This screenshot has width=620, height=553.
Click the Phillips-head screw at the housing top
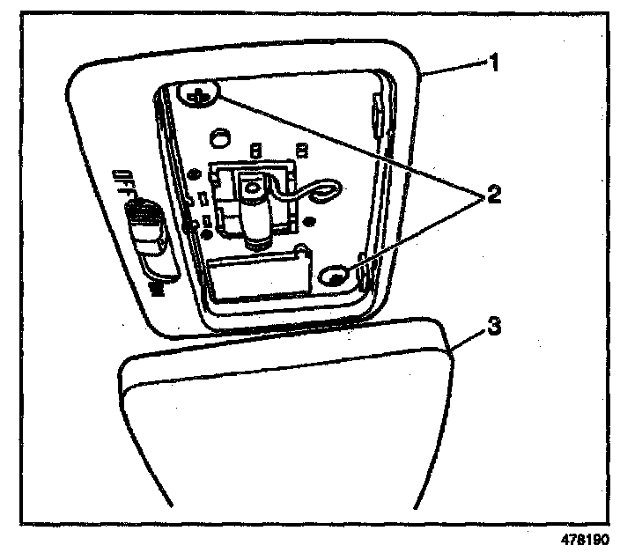point(202,96)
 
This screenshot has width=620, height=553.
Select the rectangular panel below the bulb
point(255,272)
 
